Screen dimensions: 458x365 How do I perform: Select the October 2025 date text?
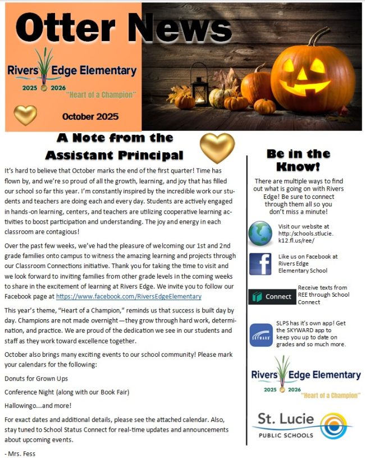(x=90, y=117)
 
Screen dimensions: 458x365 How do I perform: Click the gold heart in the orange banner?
(x=25, y=115)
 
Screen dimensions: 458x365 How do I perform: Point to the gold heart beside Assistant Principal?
(x=217, y=148)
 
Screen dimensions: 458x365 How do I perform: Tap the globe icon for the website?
(x=260, y=234)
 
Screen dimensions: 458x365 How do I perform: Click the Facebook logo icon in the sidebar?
(x=260, y=264)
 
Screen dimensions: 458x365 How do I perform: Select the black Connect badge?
(x=272, y=296)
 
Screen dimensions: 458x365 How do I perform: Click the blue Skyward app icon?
(x=261, y=335)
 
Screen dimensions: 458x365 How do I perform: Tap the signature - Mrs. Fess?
(x=19, y=452)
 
